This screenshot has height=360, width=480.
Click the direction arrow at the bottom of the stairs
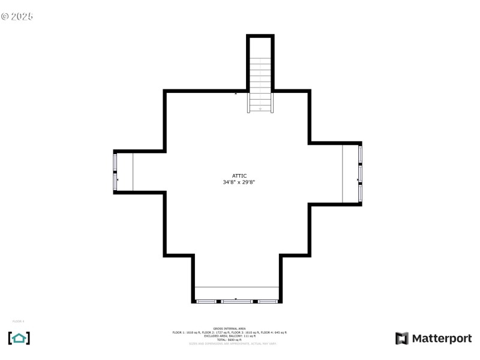260,109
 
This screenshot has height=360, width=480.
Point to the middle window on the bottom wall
237,301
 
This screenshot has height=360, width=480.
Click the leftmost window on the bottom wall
206,301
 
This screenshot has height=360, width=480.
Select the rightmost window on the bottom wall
268,301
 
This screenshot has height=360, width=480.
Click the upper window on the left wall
115,163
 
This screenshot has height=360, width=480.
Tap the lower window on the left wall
115,183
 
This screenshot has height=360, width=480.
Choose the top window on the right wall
360,154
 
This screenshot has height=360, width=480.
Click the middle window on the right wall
360,173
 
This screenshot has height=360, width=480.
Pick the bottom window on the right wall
360,193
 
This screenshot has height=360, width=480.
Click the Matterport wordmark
442,338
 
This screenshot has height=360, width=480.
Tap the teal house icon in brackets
19,338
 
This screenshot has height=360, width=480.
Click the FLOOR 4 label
18,322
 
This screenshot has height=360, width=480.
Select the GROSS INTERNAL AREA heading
230,329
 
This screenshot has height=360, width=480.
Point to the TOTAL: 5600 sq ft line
230,340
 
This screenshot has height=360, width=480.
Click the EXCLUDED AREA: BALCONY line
230,336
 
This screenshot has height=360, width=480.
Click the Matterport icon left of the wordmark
402,338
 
